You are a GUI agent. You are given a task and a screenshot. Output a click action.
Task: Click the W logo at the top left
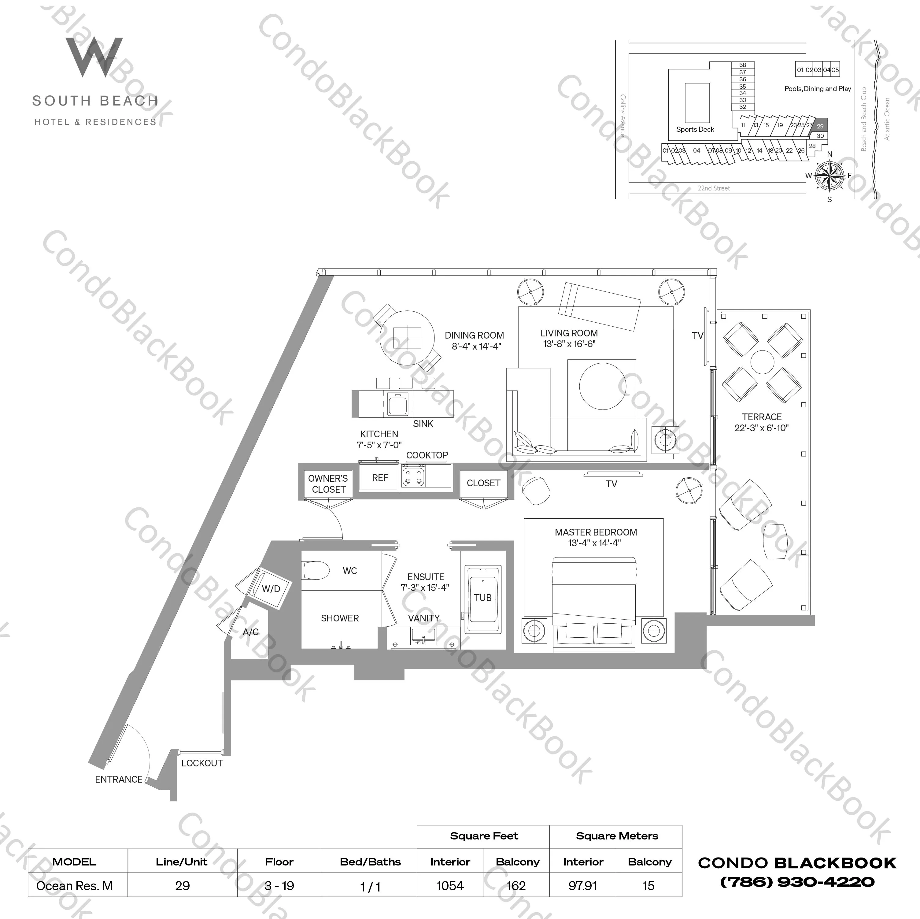tap(94, 57)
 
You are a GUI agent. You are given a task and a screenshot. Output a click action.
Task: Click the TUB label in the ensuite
tap(482, 597)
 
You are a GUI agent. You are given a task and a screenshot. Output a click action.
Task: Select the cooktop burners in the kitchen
tap(413, 476)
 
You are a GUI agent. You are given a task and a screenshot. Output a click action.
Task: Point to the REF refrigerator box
tap(379, 478)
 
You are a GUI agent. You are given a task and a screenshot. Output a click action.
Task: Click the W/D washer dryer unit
tap(271, 589)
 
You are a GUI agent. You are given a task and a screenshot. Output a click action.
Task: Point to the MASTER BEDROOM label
tap(595, 532)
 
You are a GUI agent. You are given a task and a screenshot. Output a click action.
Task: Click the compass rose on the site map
tap(829, 175)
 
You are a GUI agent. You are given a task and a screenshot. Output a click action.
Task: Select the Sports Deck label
tap(695, 129)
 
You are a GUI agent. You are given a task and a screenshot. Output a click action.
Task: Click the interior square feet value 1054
tap(450, 886)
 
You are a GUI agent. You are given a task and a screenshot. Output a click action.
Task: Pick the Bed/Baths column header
tap(370, 862)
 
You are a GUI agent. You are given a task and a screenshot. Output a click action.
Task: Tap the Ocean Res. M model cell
tap(74, 886)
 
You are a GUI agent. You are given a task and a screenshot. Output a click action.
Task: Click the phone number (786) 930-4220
tap(797, 882)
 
